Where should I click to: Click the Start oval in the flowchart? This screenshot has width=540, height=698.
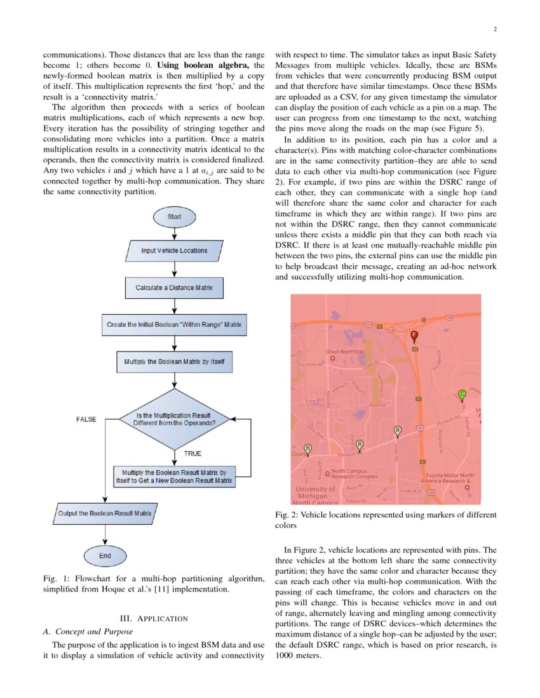(x=173, y=216)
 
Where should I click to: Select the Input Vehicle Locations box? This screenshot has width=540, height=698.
(x=174, y=251)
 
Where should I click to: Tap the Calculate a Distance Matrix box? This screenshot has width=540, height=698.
(x=174, y=287)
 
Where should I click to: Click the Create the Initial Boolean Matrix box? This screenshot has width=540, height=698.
(x=174, y=324)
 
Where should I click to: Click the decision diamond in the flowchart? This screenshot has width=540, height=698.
(x=174, y=419)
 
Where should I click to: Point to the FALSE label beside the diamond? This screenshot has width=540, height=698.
(x=86, y=419)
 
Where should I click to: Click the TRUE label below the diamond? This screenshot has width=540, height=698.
(x=192, y=454)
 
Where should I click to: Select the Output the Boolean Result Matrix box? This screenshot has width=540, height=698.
(x=105, y=513)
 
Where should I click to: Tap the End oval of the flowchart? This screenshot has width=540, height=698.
(x=105, y=556)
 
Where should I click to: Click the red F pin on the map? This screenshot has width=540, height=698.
(x=414, y=335)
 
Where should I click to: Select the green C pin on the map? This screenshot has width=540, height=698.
(x=462, y=395)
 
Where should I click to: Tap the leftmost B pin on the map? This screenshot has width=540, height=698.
(x=308, y=449)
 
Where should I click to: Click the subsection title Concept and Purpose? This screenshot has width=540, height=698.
(x=88, y=631)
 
